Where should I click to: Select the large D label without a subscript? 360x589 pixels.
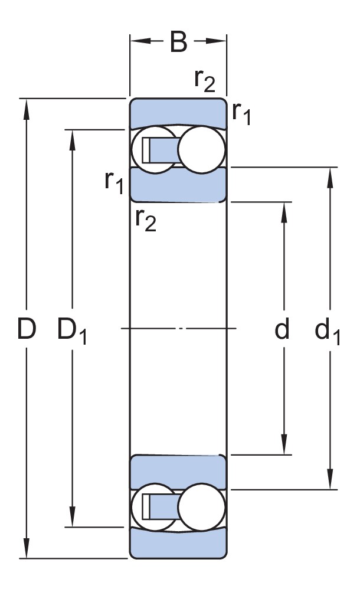pos(26,330)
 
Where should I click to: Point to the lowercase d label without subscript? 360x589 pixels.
pos(282,330)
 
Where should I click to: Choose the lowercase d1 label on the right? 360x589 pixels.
pos(328,331)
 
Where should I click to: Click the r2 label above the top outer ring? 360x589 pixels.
pos(205,81)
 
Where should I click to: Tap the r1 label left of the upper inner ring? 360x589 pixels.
pos(114,184)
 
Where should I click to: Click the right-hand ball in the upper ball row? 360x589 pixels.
pos(202,149)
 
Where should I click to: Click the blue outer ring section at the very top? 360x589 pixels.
pos(178,112)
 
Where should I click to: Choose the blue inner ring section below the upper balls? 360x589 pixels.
pos(178,185)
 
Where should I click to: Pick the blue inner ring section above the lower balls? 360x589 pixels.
pos(178,472)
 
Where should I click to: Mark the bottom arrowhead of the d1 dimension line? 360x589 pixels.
pos(329,480)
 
